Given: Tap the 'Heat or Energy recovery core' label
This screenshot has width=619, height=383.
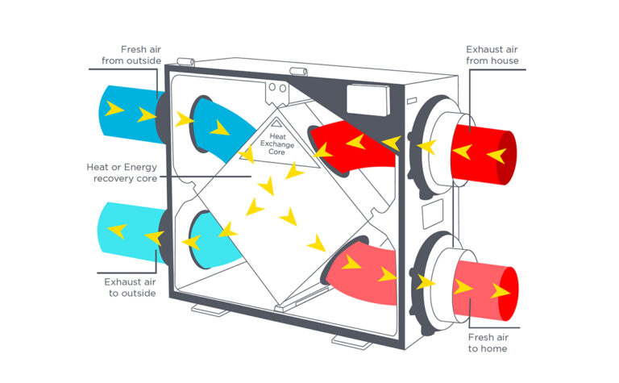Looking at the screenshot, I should (x=122, y=172).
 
